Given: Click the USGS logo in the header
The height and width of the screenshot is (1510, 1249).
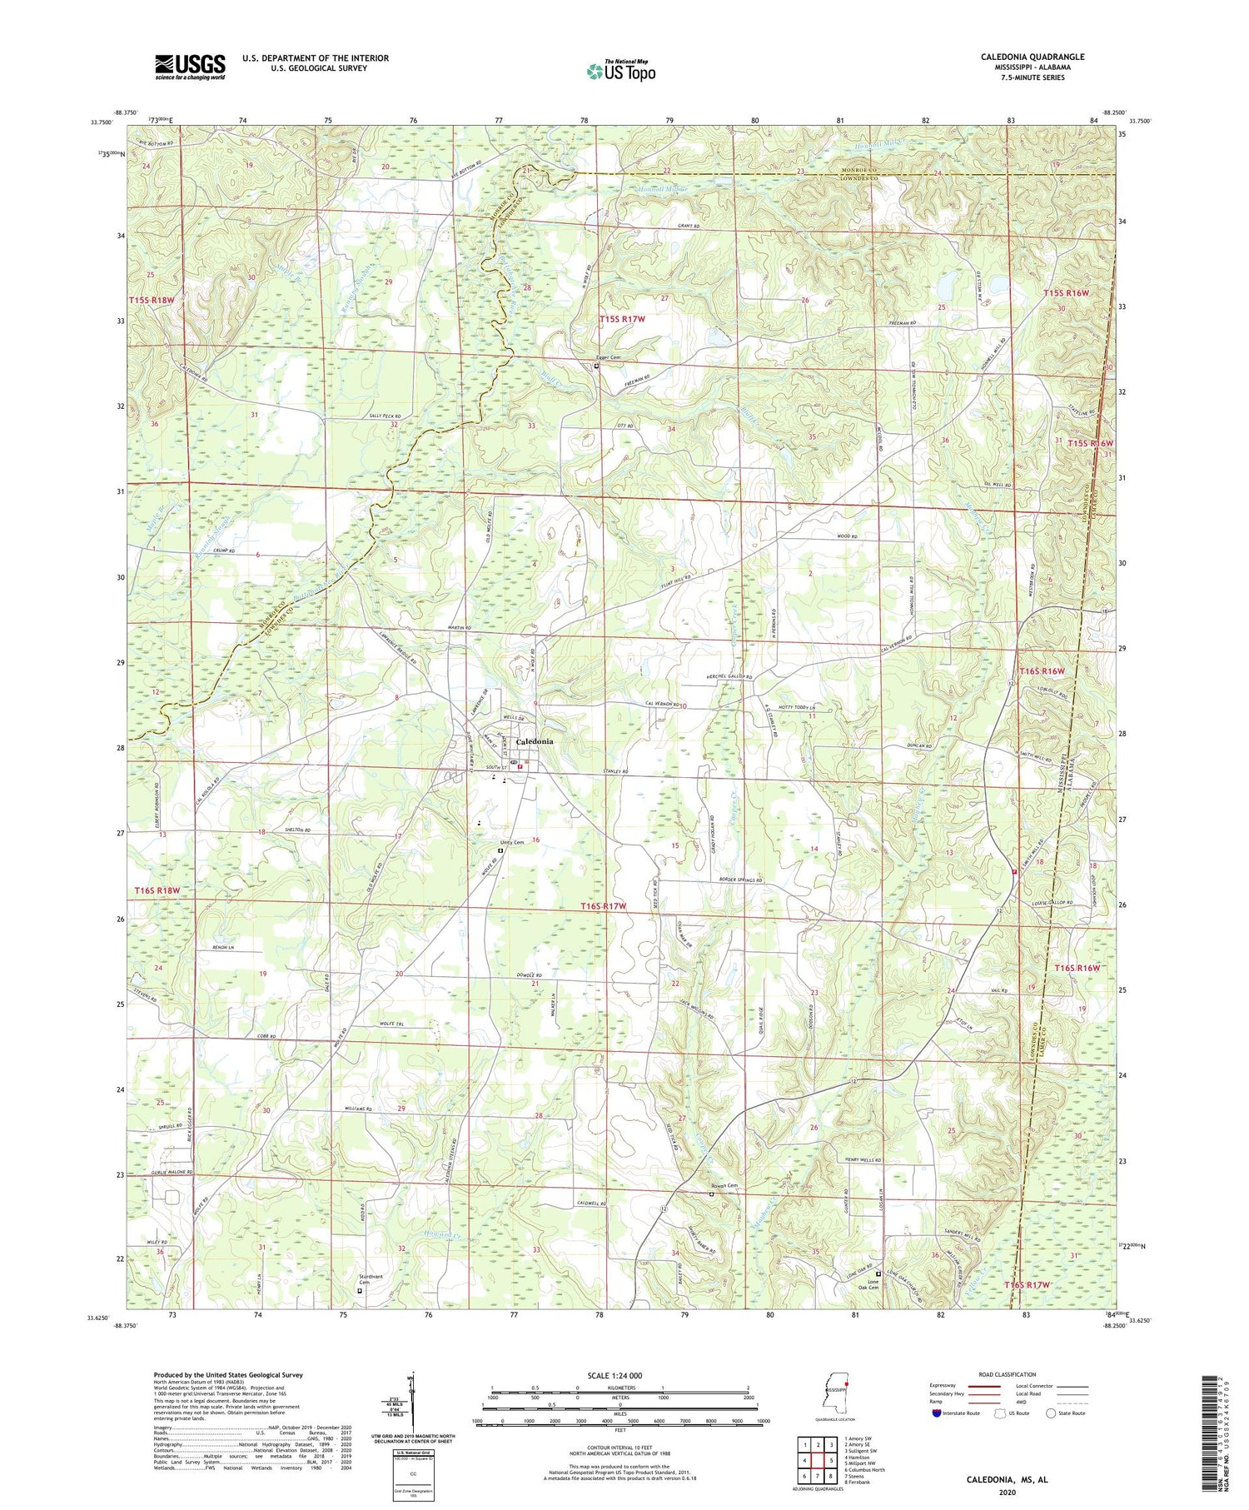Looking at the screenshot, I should (190, 67).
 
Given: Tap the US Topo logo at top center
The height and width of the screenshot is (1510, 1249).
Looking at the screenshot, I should (621, 72).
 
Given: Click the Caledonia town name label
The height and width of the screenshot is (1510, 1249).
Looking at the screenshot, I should (535, 741).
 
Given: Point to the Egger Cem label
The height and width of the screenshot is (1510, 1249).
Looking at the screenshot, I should (608, 357).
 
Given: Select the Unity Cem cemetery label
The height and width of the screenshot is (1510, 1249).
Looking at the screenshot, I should (511, 842).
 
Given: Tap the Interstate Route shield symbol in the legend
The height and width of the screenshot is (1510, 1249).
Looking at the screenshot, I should (937, 1413).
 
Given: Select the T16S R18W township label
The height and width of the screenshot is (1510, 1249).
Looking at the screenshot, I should (157, 891).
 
